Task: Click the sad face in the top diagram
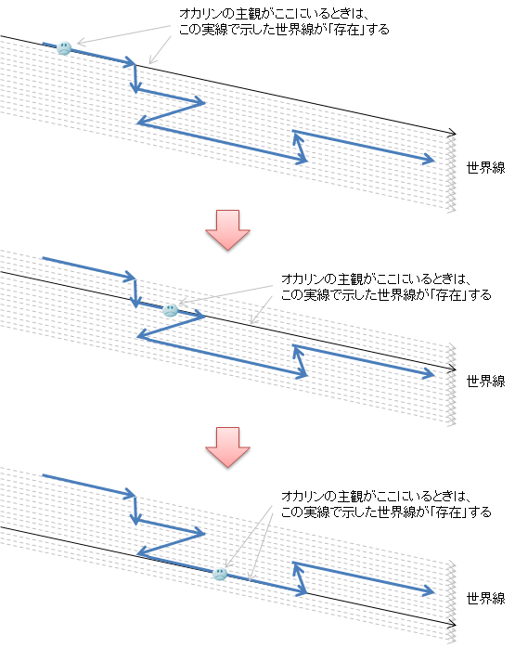click(x=64, y=48)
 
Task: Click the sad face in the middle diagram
click(x=170, y=310)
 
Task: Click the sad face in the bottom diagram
click(x=220, y=574)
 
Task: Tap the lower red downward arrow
click(x=227, y=447)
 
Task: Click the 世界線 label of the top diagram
click(x=485, y=168)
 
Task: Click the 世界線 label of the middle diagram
click(x=485, y=381)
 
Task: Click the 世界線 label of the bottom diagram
click(x=485, y=599)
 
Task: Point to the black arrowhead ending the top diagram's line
click(x=453, y=132)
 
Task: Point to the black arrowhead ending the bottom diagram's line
click(x=453, y=624)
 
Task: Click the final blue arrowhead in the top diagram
click(x=430, y=160)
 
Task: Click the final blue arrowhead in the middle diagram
click(x=430, y=374)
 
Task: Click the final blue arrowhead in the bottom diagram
click(x=430, y=591)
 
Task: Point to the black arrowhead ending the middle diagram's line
click(x=453, y=369)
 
